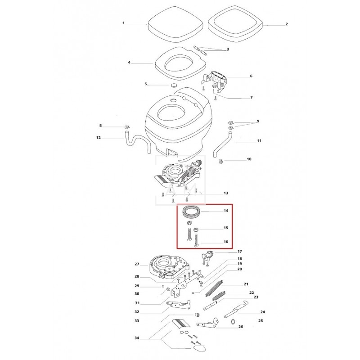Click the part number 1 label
tap(123, 23)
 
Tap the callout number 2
tap(287, 24)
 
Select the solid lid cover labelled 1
tap(175, 24)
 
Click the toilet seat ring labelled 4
tap(180, 63)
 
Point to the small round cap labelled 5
tap(174, 85)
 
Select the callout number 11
tap(259, 141)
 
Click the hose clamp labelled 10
tap(221, 162)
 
